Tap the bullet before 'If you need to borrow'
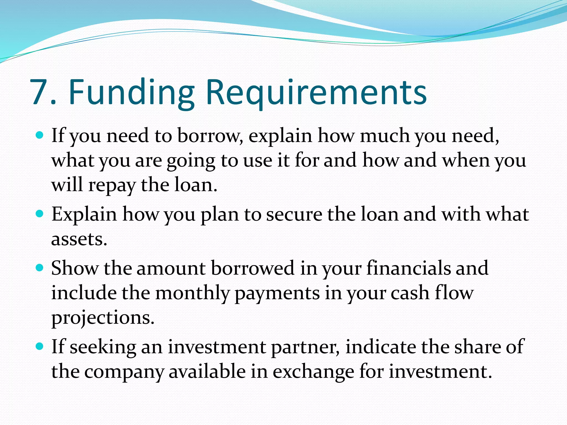40,136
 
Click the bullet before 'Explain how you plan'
40,214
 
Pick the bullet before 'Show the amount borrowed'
40,268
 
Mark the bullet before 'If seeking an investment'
40,346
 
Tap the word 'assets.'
79,239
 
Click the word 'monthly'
192,294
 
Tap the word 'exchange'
313,372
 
